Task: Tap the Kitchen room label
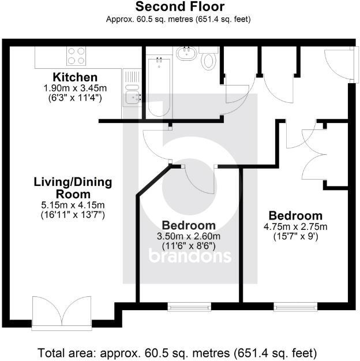75,77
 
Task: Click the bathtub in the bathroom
157,85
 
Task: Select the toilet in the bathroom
209,58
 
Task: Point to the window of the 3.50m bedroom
188,306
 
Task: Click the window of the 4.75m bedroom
295,306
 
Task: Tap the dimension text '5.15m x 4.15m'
72,206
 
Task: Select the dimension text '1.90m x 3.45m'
75,88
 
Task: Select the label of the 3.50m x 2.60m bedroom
189,225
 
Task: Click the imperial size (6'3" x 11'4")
75,98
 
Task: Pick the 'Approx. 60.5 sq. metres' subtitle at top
178,18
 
